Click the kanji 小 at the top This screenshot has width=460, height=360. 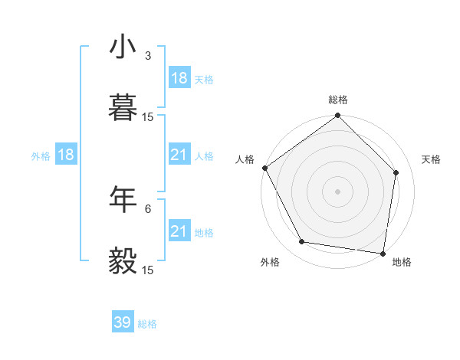(x=123, y=47)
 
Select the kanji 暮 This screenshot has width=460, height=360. (x=123, y=108)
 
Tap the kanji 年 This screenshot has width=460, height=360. (x=123, y=200)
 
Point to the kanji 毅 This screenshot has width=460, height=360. (x=123, y=261)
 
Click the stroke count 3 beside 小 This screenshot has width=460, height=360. (x=148, y=56)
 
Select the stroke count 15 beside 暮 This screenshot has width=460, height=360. (x=148, y=117)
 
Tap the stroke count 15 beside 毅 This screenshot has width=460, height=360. (x=148, y=270)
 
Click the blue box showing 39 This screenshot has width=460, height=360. (x=123, y=322)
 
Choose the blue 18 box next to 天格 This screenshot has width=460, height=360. (x=179, y=78)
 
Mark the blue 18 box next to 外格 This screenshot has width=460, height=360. (x=66, y=155)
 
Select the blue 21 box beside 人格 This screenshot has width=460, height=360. (x=179, y=155)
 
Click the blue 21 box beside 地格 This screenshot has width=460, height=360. (x=179, y=231)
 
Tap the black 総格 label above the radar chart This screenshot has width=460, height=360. (x=338, y=100)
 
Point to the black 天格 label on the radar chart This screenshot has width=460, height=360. (x=432, y=159)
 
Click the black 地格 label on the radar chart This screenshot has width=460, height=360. (x=402, y=262)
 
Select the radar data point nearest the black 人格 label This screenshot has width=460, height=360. (x=264, y=168)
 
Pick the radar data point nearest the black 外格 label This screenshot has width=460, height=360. (x=302, y=242)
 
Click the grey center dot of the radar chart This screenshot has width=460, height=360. (x=338, y=191)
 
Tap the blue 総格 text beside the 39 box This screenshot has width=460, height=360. (x=147, y=324)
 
